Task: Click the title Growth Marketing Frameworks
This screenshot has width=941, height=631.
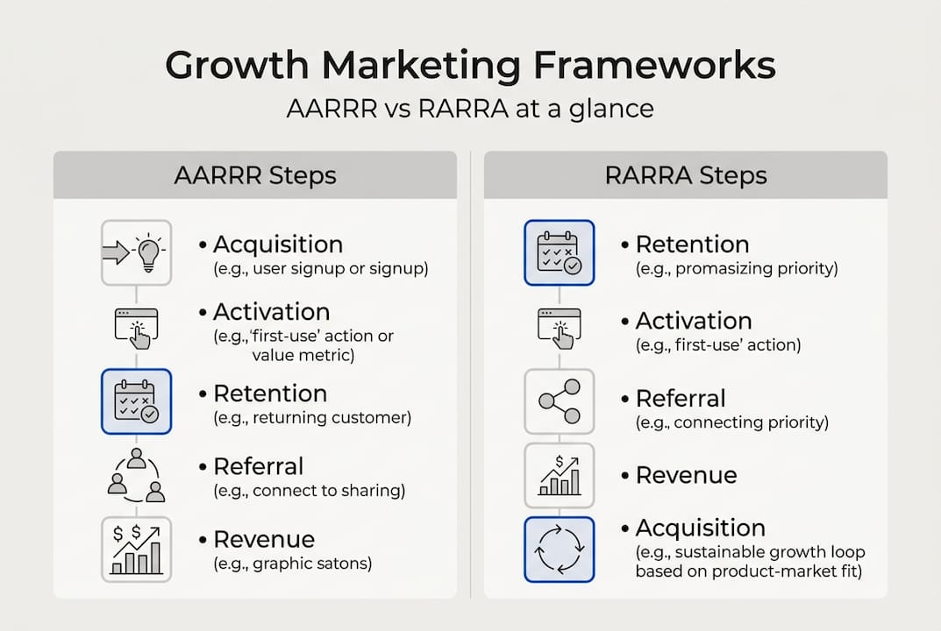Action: click(x=470, y=67)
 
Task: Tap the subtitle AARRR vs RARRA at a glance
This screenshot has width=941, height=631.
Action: click(x=470, y=109)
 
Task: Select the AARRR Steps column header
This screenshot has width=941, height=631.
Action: click(x=255, y=174)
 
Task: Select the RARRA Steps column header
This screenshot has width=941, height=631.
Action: click(x=686, y=174)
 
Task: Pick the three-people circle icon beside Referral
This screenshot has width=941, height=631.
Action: click(x=136, y=476)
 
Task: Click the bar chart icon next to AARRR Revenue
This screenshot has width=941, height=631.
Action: click(x=136, y=549)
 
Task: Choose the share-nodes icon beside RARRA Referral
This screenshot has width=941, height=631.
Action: click(x=560, y=401)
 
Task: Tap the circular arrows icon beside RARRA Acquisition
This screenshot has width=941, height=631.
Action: click(x=560, y=549)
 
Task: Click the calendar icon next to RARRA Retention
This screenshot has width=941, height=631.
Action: click(x=560, y=252)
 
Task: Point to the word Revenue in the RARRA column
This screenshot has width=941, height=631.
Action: click(x=686, y=475)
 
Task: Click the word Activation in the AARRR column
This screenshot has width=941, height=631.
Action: click(x=271, y=312)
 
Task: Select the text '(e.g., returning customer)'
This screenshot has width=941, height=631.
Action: click(x=312, y=418)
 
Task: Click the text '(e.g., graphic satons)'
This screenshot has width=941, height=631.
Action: click(x=293, y=564)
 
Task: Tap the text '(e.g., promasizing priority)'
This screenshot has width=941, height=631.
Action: click(x=737, y=268)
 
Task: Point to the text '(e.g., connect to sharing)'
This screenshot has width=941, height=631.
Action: click(x=309, y=491)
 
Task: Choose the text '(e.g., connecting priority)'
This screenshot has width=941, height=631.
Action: click(x=731, y=422)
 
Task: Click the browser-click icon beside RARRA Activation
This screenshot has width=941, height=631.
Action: click(x=560, y=327)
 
